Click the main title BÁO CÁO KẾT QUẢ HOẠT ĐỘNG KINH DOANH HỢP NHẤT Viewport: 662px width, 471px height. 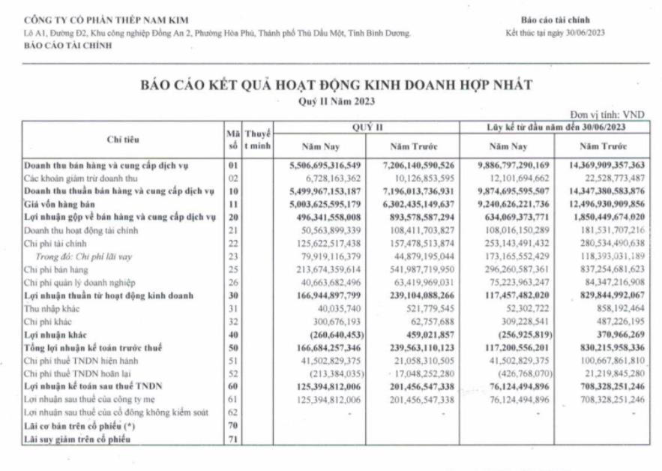point(337,85)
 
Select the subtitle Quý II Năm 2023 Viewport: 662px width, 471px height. point(337,101)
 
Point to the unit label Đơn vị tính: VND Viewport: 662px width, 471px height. point(607,114)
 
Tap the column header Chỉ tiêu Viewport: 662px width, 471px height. point(123,139)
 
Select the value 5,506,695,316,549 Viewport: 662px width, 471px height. point(325,163)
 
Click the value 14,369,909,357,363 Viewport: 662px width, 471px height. point(602,163)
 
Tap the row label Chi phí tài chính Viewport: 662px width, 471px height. point(56,243)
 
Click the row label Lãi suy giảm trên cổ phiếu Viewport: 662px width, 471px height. point(76,439)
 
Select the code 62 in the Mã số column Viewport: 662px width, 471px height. point(232,412)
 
